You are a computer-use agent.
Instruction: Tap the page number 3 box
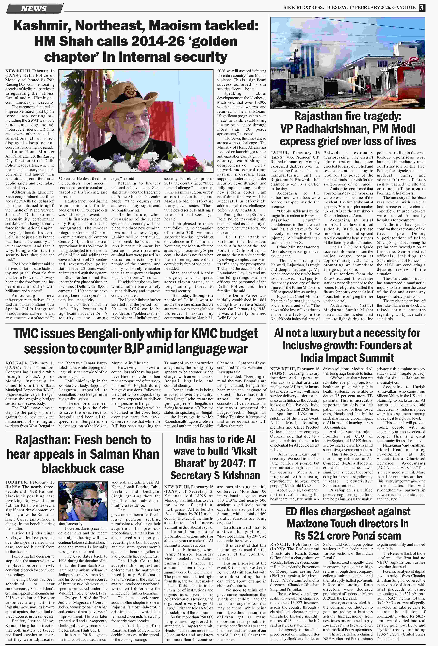422,8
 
